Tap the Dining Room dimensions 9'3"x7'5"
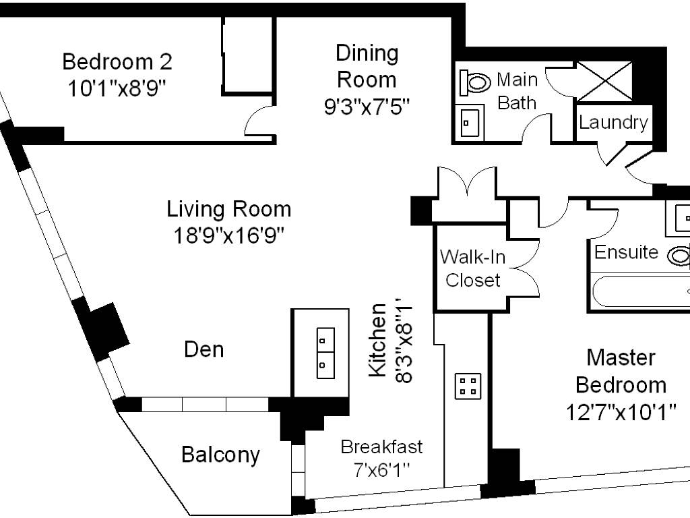click(367, 107)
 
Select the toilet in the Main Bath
click(475, 82)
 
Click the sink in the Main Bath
click(470, 123)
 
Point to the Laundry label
click(613, 123)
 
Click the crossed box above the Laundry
click(604, 82)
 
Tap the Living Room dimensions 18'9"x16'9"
click(228, 235)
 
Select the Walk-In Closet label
click(472, 268)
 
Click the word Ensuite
click(626, 252)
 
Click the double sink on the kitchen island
click(325, 353)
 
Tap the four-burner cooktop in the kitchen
click(468, 386)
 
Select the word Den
click(203, 350)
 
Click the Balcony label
click(220, 455)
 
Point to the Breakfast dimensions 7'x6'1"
click(381, 470)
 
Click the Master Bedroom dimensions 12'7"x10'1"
click(621, 413)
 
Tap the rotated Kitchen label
click(377, 341)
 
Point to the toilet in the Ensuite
click(679, 256)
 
